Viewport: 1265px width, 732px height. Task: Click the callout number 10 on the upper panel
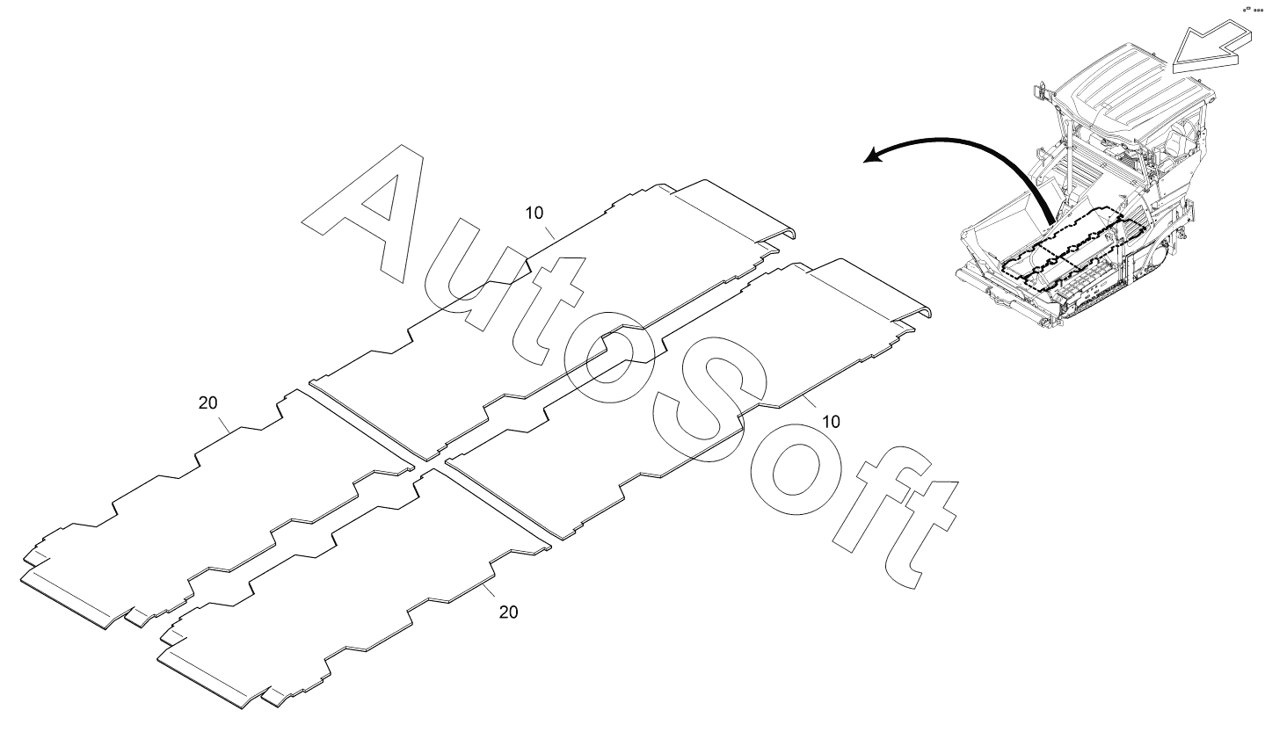534,213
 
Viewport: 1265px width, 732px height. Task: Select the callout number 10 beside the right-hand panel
830,422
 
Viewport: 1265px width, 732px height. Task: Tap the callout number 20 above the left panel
208,403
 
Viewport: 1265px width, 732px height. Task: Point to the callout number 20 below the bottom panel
508,612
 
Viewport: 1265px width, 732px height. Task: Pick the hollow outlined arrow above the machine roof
1208,47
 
